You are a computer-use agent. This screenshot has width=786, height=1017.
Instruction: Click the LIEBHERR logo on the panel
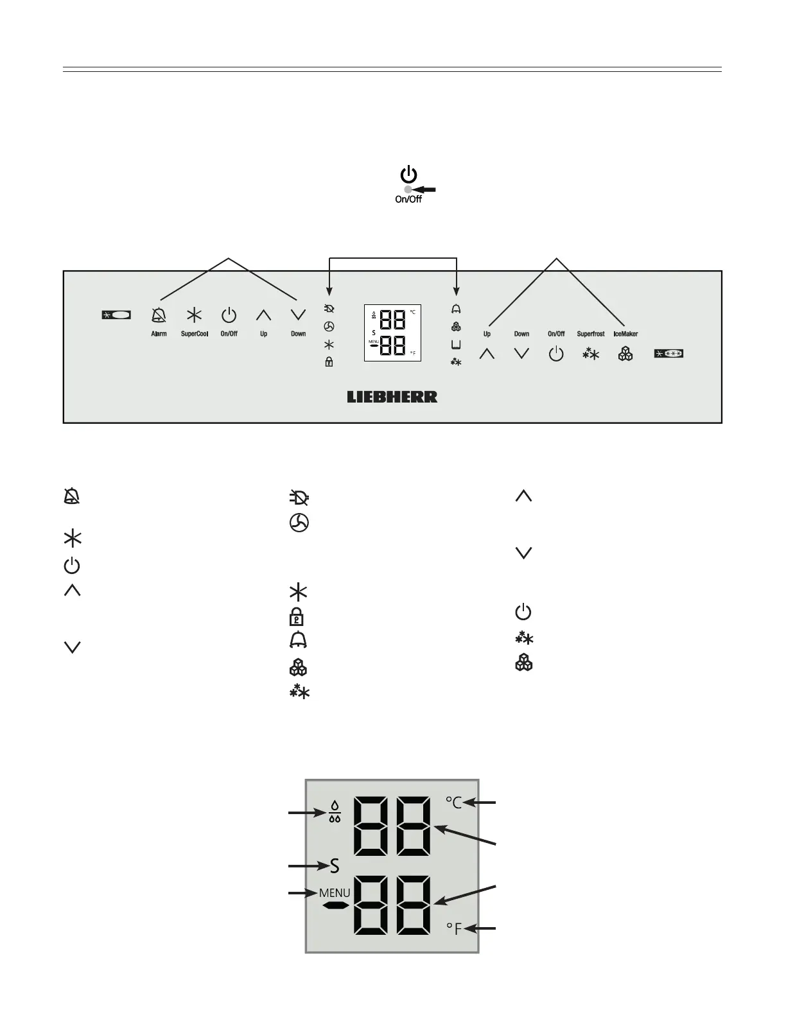coord(392,397)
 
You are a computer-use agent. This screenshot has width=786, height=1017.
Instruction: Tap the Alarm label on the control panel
coord(159,334)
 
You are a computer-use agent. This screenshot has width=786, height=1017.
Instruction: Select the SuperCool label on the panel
coord(194,334)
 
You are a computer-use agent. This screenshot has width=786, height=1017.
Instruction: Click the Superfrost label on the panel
coord(590,334)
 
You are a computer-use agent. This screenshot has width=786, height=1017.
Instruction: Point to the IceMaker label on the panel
coord(625,334)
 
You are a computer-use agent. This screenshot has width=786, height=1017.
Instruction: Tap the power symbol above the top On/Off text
coord(408,174)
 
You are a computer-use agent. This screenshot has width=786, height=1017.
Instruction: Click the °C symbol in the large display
coord(453,803)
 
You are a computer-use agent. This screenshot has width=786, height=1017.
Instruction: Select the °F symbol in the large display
coord(454,928)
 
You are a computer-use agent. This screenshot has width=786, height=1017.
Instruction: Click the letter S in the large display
coord(335,867)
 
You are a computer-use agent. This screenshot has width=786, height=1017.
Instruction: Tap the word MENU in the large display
coord(335,893)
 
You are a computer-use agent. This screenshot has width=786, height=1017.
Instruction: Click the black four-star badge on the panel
coord(668,353)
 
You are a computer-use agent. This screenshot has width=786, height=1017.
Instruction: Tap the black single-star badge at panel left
coord(116,315)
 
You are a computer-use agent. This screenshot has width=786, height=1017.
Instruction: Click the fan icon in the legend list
coord(298,524)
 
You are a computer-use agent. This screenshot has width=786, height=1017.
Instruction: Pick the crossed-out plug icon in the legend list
coord(299,498)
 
